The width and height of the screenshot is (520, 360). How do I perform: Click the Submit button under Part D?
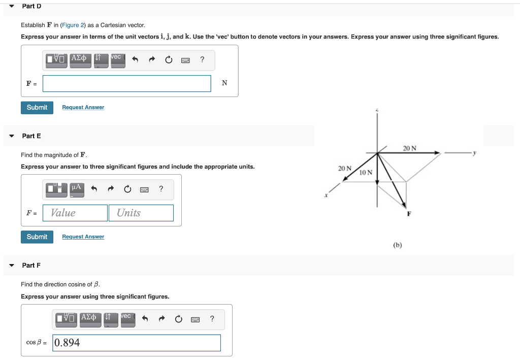[37, 108]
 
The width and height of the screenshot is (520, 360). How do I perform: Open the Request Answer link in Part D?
[83, 108]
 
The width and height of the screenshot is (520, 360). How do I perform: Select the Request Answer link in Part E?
[83, 237]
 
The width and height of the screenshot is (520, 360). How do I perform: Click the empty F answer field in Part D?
[126, 84]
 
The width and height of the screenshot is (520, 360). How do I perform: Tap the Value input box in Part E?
[75, 213]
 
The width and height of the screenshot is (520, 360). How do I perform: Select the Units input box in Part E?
[141, 213]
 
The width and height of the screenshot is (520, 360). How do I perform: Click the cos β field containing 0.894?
[137, 343]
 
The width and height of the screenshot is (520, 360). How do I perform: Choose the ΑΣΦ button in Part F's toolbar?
[88, 318]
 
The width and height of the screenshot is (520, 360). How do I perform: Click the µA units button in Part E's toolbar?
[77, 189]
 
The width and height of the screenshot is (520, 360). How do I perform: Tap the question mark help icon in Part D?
[202, 60]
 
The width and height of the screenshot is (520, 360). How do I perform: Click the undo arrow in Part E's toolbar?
[93, 189]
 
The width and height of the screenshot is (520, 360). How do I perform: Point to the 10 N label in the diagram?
[366, 173]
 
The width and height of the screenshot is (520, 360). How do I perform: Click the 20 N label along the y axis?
[409, 148]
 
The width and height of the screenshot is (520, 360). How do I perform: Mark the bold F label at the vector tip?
[408, 214]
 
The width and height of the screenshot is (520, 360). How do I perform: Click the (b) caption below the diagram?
[397, 245]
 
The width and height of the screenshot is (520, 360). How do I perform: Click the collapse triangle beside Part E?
[12, 136]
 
